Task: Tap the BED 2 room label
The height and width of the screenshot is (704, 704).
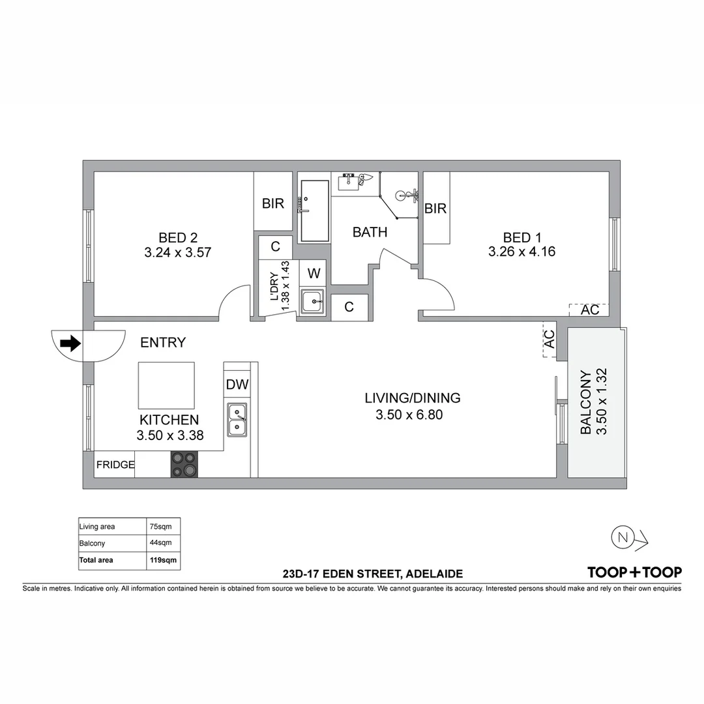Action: pos(177,237)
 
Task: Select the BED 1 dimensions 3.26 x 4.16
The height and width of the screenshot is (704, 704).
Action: pos(521,252)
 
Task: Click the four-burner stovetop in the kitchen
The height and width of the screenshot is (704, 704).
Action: pos(184,464)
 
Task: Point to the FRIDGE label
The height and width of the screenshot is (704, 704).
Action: pos(115,465)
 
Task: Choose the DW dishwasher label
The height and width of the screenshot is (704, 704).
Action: pos(237,385)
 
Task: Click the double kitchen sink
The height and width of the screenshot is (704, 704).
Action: pos(237,420)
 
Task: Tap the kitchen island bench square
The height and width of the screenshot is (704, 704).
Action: pos(166,385)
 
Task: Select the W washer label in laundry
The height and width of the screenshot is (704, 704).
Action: pos(314,272)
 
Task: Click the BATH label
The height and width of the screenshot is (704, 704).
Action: pos(370,232)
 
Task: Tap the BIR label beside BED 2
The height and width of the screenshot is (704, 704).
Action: pos(273,203)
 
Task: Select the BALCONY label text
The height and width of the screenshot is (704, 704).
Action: pos(585,402)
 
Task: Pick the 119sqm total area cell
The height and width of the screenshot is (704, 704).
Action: pos(163,560)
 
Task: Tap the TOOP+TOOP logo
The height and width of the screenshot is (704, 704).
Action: pos(634,572)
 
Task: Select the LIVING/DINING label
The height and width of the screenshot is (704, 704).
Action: pos(412,398)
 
